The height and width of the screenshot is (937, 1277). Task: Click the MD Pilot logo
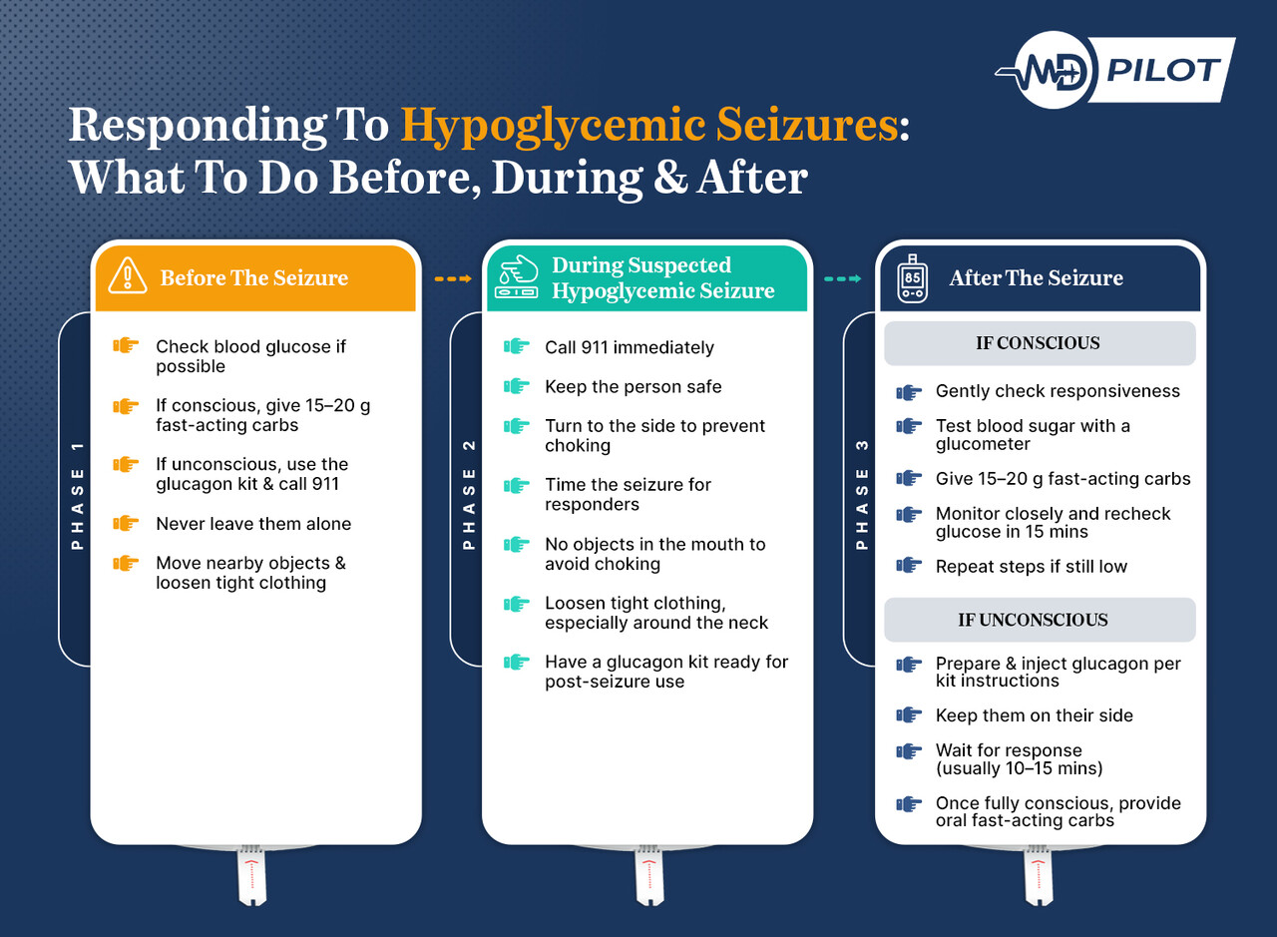click(x=1114, y=71)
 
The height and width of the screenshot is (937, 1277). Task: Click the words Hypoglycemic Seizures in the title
click(x=652, y=127)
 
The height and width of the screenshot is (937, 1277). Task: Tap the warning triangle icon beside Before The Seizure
click(x=127, y=275)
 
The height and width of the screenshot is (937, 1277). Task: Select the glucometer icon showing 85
click(x=912, y=277)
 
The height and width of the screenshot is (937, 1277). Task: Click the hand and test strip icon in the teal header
click(x=517, y=278)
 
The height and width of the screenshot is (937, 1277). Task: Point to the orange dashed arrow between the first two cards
click(x=452, y=278)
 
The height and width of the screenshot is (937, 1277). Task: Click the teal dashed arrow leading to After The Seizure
click(x=842, y=278)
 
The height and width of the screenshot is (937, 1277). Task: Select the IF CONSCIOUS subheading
click(x=1038, y=343)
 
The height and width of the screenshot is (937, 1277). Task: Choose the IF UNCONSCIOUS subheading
click(x=1033, y=620)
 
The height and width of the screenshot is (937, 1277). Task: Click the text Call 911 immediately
click(x=630, y=348)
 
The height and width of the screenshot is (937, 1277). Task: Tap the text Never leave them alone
click(x=253, y=524)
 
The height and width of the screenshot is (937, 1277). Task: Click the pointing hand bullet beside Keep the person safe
click(x=516, y=386)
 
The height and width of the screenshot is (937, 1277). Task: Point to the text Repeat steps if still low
click(x=1031, y=567)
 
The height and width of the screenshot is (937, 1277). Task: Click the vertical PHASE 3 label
click(x=862, y=494)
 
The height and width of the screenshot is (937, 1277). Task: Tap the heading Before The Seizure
click(x=254, y=277)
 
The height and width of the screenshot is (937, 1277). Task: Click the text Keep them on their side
click(x=1034, y=715)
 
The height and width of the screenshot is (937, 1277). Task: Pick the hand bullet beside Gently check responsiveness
click(x=908, y=392)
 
